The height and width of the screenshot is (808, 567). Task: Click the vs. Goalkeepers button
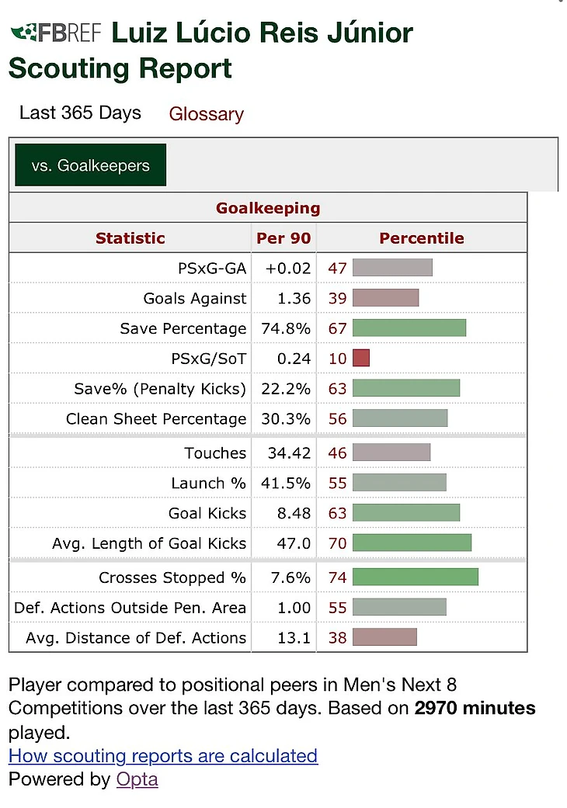tap(90, 165)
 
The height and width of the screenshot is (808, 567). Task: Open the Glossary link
tap(206, 114)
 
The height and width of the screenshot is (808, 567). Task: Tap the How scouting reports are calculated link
tap(163, 756)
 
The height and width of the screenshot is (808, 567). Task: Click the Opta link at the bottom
tap(137, 779)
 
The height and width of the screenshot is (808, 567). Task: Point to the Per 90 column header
tap(283, 238)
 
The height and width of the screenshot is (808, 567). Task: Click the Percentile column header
tap(421, 238)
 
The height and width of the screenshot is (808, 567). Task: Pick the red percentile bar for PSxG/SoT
tap(361, 358)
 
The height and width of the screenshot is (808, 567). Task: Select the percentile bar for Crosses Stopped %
tap(415, 577)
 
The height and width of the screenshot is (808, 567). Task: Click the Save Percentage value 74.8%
tap(288, 328)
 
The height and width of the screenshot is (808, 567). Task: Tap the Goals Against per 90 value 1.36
tap(294, 298)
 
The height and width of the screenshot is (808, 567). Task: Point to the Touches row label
tap(215, 453)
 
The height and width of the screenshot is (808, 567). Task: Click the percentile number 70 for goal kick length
tap(338, 543)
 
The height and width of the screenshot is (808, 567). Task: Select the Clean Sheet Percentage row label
tap(156, 419)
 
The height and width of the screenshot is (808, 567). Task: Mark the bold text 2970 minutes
tap(475, 708)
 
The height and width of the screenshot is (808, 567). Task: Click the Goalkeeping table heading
tap(268, 208)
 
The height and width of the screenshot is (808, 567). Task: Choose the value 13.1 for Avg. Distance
tap(294, 638)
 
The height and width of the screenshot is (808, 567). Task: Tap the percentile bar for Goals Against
tap(385, 298)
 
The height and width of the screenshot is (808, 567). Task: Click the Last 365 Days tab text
tap(80, 113)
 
